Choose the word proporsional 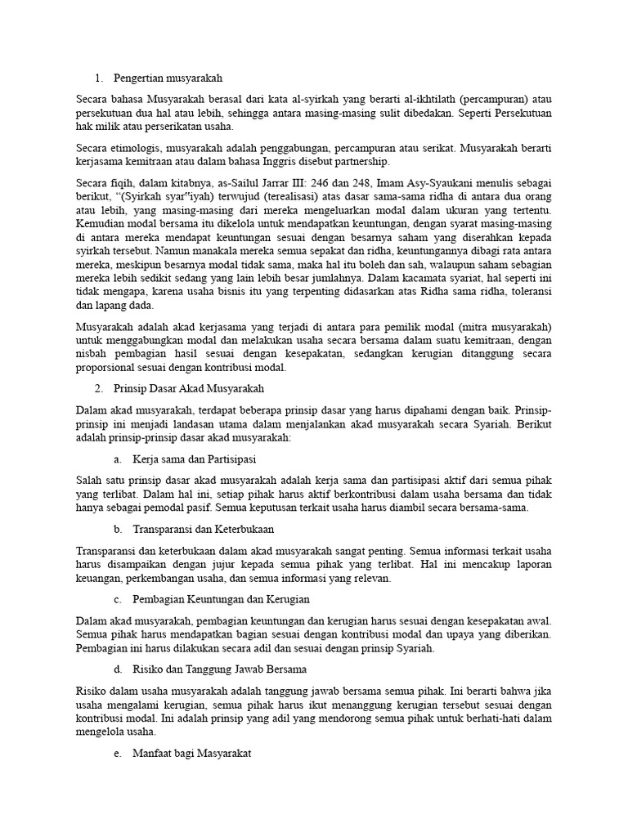tap(109, 368)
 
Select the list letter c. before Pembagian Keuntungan tap(119, 600)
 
